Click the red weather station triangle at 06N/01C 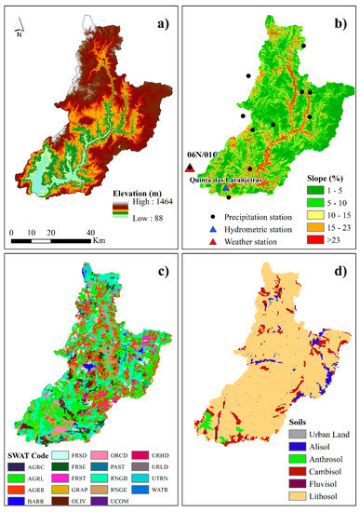[x=190, y=168]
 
